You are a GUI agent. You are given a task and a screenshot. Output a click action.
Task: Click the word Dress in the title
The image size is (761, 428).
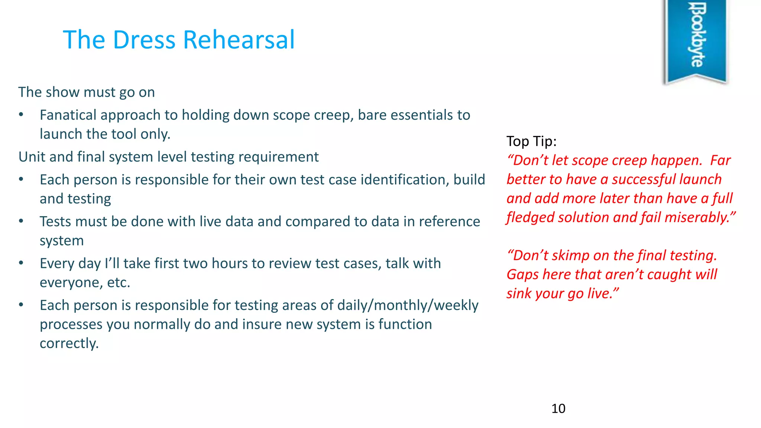144,40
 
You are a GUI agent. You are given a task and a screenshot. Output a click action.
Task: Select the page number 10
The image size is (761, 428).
558,408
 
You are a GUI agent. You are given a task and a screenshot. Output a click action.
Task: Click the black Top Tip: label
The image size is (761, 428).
531,142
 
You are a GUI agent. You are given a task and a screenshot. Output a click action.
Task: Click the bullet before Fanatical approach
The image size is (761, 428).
21,115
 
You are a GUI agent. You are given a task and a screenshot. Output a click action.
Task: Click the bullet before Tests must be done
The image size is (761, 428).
21,221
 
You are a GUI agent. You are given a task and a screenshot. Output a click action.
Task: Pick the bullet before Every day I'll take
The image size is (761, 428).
21,263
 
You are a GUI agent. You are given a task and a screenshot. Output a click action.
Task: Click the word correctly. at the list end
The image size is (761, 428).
69,343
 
